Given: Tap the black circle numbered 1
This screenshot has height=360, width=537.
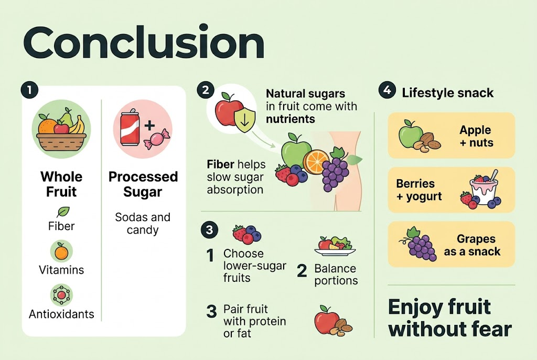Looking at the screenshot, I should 29,90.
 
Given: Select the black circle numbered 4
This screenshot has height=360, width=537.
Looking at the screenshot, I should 386,91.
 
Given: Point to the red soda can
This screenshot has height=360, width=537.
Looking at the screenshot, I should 131,129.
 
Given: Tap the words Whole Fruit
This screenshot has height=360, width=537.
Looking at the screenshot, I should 61,184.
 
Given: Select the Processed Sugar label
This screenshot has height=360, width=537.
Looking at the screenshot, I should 143,184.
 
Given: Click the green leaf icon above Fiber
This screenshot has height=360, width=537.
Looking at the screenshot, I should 62,212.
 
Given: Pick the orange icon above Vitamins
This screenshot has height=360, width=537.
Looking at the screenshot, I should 61,252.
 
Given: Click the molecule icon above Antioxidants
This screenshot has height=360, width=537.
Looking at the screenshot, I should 61,295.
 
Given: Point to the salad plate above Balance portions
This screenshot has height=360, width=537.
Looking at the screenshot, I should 335,245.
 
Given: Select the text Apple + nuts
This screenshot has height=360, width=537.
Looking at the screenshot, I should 475,136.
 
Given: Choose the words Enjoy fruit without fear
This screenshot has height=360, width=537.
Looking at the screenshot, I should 449,318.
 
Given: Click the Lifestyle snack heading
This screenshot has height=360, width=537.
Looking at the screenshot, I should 447,93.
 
